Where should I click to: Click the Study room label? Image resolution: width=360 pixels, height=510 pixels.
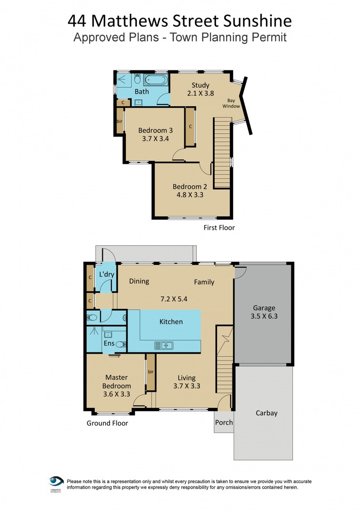(x=201, y=85)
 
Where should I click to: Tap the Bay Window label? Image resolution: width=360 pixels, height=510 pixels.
(x=231, y=103)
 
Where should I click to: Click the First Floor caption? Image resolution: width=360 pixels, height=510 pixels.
(x=219, y=228)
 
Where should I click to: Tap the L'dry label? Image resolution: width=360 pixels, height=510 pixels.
(x=104, y=275)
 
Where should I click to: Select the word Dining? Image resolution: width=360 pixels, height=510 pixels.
(x=139, y=281)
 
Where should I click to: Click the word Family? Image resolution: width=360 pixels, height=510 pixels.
(x=204, y=282)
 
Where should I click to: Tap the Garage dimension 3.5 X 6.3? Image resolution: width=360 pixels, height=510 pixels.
(x=264, y=316)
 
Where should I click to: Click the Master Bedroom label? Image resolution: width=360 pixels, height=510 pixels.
(x=117, y=382)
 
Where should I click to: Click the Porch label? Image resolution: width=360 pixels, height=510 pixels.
(x=224, y=422)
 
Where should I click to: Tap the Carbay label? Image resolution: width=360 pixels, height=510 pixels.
(x=267, y=413)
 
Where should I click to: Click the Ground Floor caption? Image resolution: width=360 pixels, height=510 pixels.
(x=107, y=423)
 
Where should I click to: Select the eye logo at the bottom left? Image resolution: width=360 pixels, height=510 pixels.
(x=56, y=482)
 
